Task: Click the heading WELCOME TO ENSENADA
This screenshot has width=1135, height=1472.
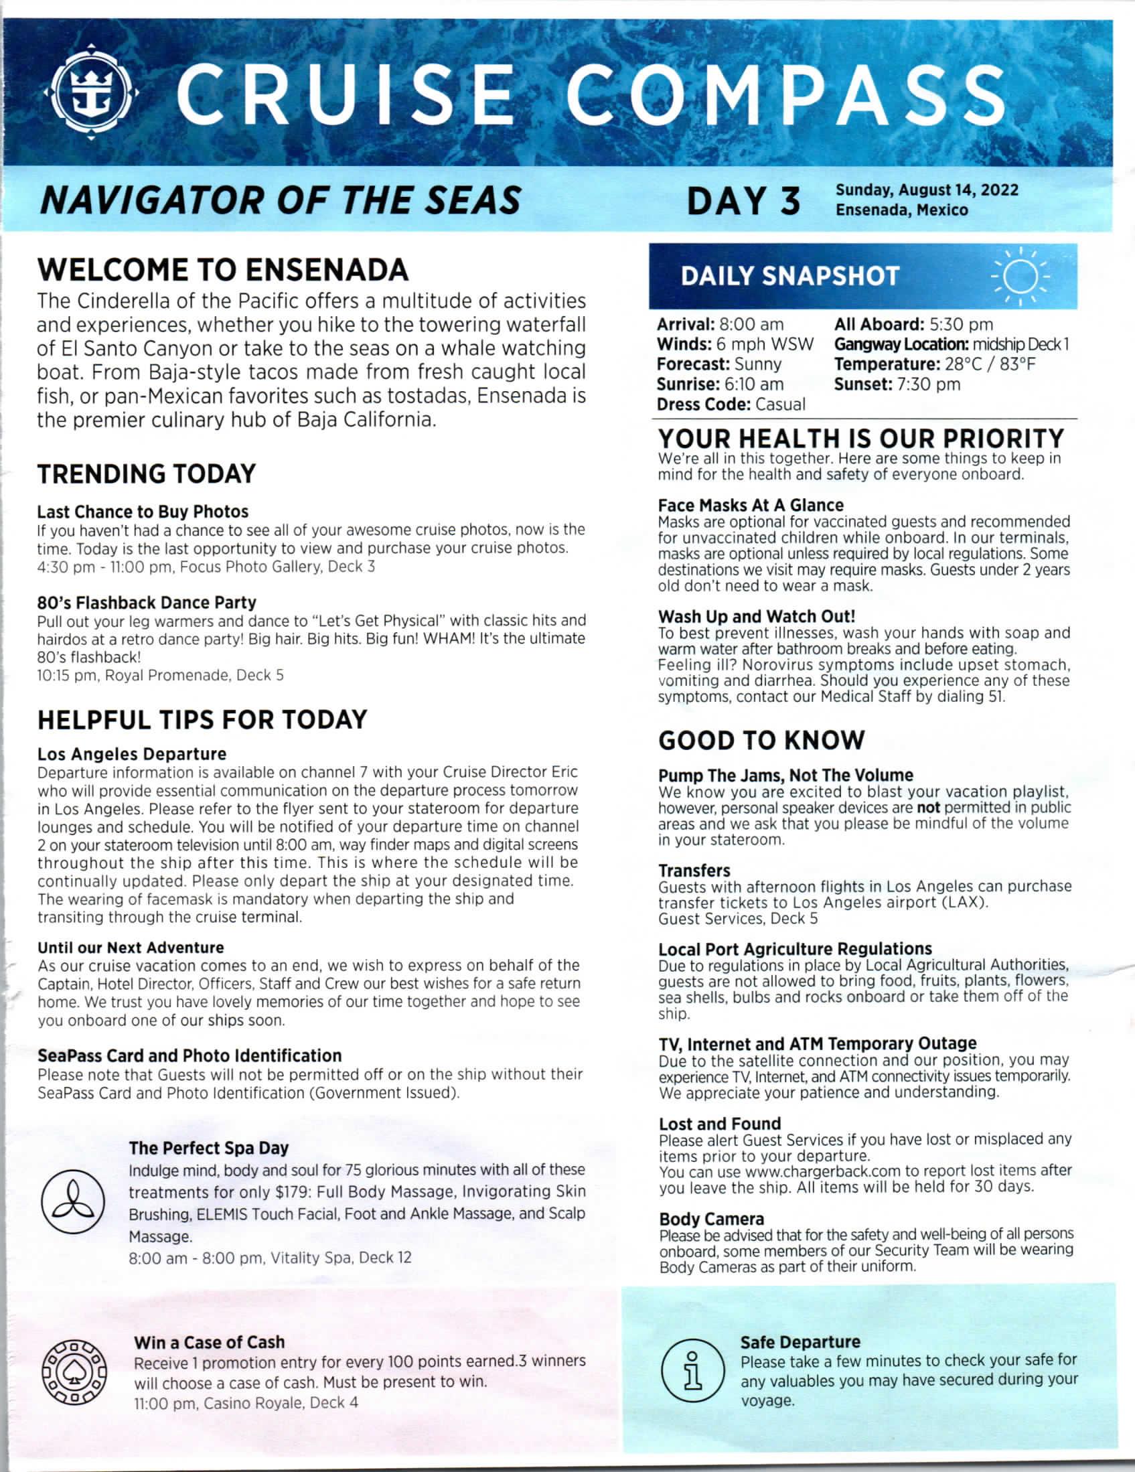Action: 223,270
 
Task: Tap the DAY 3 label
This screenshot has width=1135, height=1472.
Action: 744,202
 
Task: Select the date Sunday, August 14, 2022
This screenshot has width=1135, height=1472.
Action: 927,190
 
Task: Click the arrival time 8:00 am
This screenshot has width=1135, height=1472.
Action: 751,325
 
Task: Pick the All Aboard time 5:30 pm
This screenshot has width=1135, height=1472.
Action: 960,325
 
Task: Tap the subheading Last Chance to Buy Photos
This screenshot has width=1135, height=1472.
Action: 143,512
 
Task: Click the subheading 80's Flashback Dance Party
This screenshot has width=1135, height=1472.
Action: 147,603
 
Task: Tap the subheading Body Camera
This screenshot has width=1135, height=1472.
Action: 711,1220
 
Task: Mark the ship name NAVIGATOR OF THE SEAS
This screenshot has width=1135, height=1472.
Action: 281,200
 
